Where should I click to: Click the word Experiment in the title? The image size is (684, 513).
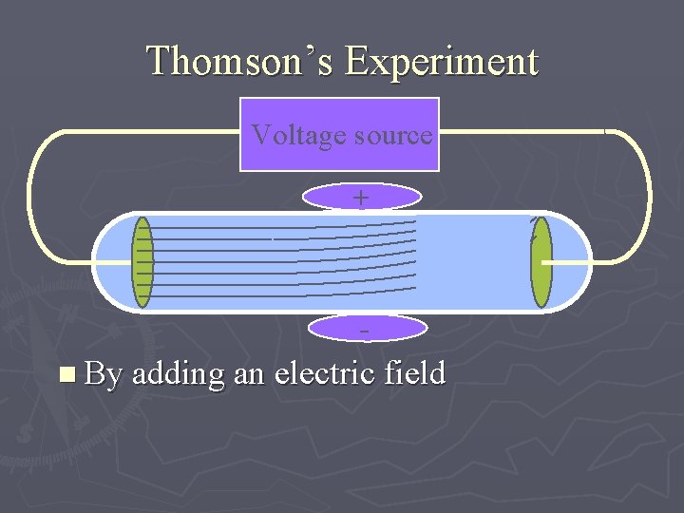click(x=442, y=62)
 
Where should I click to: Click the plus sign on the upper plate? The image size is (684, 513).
click(x=361, y=198)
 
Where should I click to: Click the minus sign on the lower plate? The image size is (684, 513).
click(x=364, y=329)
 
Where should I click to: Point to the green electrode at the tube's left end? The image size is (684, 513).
click(x=142, y=263)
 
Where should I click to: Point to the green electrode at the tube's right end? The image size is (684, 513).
click(x=541, y=263)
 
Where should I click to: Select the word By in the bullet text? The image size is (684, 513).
click(x=104, y=374)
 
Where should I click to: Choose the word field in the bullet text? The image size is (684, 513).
click(x=415, y=372)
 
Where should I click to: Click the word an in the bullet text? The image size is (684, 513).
click(x=248, y=374)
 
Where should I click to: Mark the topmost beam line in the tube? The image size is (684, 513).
click(x=285, y=228)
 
